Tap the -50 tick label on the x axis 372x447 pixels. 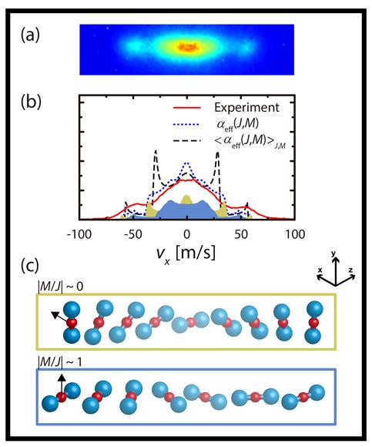(x=133, y=234)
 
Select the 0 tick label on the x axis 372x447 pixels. (x=186, y=234)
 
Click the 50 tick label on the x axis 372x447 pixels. (x=241, y=234)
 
